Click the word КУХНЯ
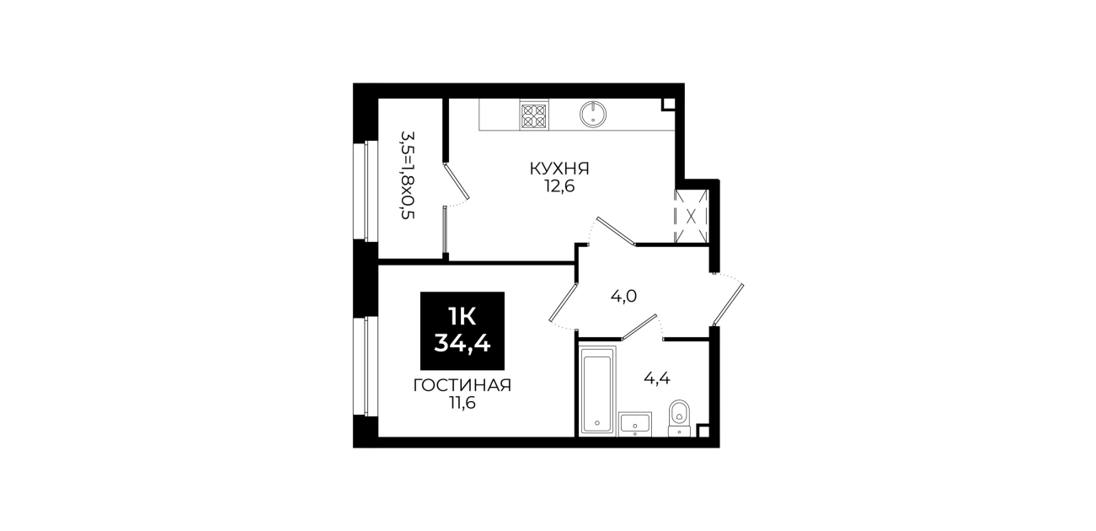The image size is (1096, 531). [x=559, y=169]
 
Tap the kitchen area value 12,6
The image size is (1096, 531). [x=559, y=186]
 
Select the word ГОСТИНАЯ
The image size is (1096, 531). [x=462, y=386]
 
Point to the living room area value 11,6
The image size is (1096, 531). [x=462, y=403]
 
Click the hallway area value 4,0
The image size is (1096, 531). [x=623, y=296]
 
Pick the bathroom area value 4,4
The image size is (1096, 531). [x=656, y=378]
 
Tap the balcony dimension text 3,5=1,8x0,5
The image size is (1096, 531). [x=408, y=174]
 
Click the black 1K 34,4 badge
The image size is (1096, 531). [x=462, y=331]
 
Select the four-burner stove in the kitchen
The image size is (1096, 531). [x=534, y=115]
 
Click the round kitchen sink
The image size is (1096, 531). [x=593, y=115]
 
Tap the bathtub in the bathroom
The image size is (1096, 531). [x=597, y=390]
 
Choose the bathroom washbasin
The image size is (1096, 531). [x=635, y=424]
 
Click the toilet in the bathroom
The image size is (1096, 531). [x=679, y=418]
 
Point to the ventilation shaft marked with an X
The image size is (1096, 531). [x=691, y=217]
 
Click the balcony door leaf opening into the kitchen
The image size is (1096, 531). [x=457, y=181]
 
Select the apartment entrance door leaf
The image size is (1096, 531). [x=729, y=304]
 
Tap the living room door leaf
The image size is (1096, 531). [x=564, y=302]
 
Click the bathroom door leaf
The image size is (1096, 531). [x=639, y=326]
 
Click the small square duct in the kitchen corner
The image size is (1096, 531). [x=668, y=105]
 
